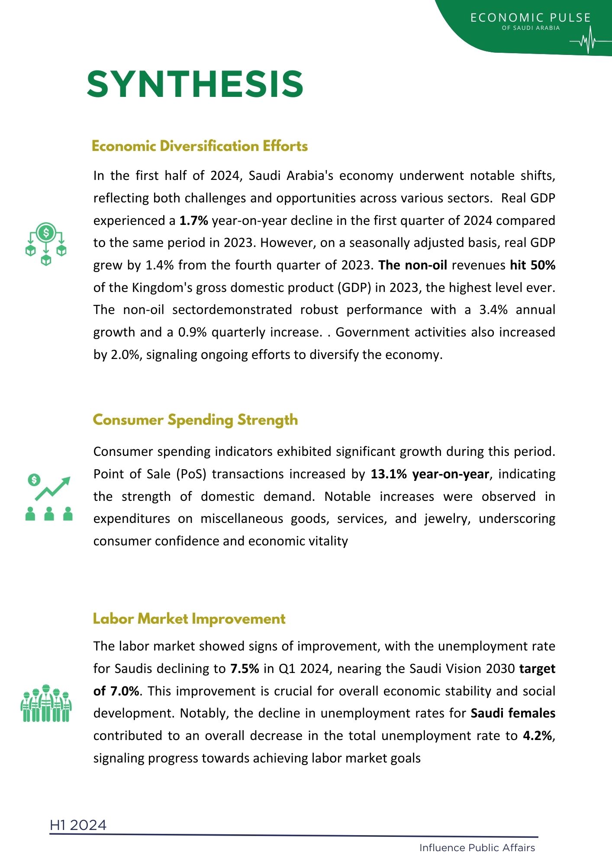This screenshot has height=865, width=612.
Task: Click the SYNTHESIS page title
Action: [x=195, y=84]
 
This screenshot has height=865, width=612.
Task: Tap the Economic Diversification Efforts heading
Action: [x=200, y=146]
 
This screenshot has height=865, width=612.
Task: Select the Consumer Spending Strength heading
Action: [x=195, y=420]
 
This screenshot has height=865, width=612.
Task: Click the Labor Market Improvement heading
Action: [x=189, y=619]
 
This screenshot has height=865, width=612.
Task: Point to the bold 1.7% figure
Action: [x=193, y=221]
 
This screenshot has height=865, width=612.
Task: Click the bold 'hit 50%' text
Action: [x=532, y=265]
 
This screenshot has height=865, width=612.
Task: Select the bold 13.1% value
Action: [x=388, y=474]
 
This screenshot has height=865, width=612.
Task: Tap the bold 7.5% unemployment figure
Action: [x=245, y=669]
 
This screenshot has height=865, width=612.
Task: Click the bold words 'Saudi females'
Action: [x=513, y=713]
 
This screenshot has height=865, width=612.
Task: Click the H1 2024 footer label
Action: [x=78, y=825]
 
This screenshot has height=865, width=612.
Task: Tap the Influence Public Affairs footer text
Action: [x=477, y=848]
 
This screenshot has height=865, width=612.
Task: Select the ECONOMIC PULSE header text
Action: [x=530, y=18]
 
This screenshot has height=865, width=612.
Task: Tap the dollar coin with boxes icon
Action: [x=46, y=243]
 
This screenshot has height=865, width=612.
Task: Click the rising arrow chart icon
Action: [x=49, y=497]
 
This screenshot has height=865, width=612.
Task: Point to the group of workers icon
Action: [x=46, y=703]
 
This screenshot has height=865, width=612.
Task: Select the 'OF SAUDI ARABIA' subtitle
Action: [x=531, y=28]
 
